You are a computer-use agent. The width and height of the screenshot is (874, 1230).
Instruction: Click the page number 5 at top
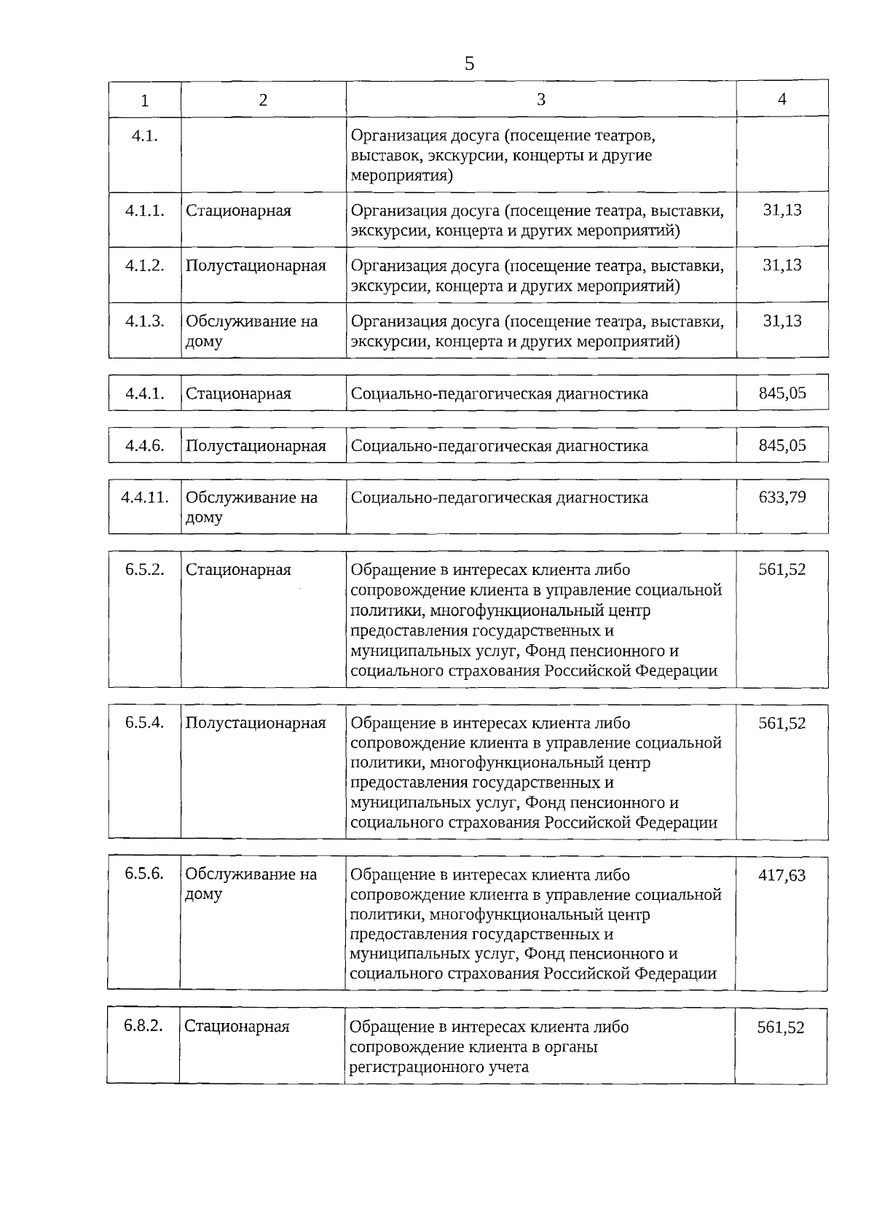tap(469, 64)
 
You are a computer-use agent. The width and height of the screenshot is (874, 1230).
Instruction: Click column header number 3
tap(540, 100)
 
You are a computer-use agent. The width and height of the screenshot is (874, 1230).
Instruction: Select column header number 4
tap(782, 99)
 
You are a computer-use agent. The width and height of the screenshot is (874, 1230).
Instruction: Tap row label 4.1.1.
tap(144, 211)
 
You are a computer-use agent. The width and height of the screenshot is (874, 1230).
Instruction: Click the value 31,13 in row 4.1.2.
tap(782, 265)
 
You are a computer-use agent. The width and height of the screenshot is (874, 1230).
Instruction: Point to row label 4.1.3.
tap(144, 321)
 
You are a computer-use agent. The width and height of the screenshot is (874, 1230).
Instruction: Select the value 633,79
tap(782, 498)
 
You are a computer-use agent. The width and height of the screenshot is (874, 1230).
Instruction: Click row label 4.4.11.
tap(145, 498)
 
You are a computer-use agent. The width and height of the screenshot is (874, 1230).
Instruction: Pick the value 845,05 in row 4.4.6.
tap(782, 445)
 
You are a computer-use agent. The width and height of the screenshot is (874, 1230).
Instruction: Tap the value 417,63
tap(782, 875)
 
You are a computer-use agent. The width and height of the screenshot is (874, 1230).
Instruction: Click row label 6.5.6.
tap(143, 874)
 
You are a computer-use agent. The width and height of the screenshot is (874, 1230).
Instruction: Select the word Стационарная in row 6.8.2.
tap(237, 1027)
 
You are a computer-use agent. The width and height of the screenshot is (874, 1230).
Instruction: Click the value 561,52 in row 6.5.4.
tap(782, 723)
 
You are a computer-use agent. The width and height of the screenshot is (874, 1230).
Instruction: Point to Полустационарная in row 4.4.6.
tap(256, 446)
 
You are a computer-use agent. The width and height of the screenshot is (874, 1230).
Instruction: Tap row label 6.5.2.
tap(144, 570)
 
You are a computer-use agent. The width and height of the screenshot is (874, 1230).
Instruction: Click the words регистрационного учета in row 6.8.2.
tap(439, 1068)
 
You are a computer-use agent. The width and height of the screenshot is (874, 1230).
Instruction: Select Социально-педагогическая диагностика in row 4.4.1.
tap(499, 394)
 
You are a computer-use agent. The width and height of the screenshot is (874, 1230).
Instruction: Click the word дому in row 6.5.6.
tap(203, 894)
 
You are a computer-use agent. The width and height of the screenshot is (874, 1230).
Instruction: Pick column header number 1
tap(145, 101)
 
